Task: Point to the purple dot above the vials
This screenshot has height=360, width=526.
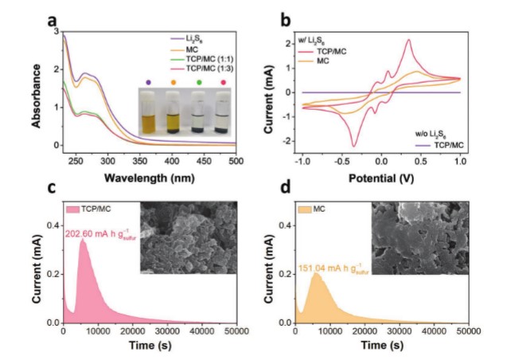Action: (148, 82)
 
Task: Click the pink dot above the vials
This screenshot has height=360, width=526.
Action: (224, 82)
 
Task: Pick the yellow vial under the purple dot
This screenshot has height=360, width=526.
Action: (148, 112)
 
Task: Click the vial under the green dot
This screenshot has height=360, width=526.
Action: (198, 112)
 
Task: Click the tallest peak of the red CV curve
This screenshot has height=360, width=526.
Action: (409, 40)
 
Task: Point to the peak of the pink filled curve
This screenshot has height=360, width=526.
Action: (82, 239)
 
